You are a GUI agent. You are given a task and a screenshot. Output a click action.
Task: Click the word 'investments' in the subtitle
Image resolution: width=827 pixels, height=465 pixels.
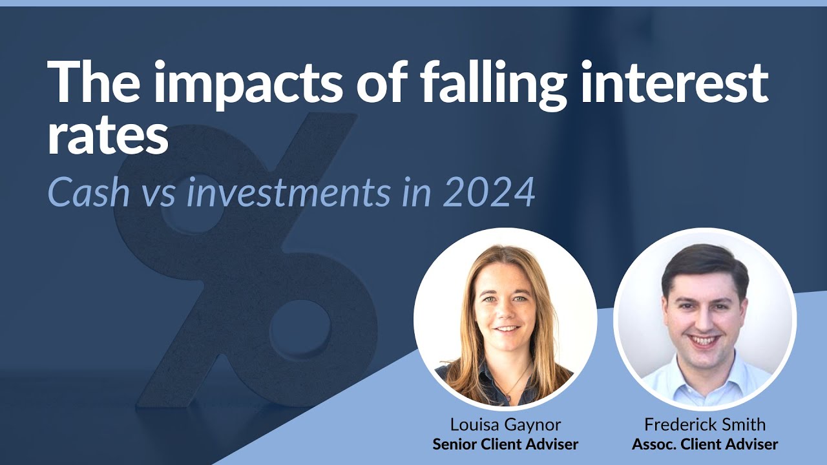(288, 192)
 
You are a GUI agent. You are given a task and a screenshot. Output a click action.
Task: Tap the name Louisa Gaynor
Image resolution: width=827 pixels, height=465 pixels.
(505, 424)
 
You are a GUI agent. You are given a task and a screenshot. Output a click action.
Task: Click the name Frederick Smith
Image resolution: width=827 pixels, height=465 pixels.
(705, 424)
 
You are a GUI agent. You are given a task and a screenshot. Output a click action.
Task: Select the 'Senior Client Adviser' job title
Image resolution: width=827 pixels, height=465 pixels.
(505, 444)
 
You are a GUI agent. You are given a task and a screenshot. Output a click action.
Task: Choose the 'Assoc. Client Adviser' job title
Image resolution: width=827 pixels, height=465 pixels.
(705, 444)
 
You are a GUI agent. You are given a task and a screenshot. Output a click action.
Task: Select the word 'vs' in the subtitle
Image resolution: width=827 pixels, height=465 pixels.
(159, 192)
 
